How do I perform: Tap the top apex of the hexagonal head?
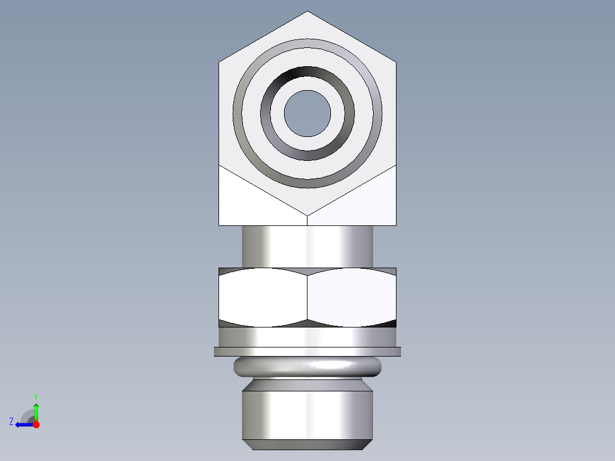pos(307,12)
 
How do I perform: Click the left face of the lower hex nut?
pos(263,297)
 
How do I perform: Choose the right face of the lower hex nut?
pos(351,297)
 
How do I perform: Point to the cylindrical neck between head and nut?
pos(307,246)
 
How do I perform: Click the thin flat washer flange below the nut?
pos(307,351)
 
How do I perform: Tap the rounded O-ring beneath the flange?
pos(307,366)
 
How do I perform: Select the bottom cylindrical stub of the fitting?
pos(307,414)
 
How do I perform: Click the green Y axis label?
pos(36,396)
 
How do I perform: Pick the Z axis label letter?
pos(11,422)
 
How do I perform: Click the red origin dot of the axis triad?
pos(36,424)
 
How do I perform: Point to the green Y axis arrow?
pos(36,411)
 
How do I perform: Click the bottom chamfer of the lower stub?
pos(307,444)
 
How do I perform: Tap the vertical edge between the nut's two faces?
pos(307,297)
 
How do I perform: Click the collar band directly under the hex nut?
pos(307,337)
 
